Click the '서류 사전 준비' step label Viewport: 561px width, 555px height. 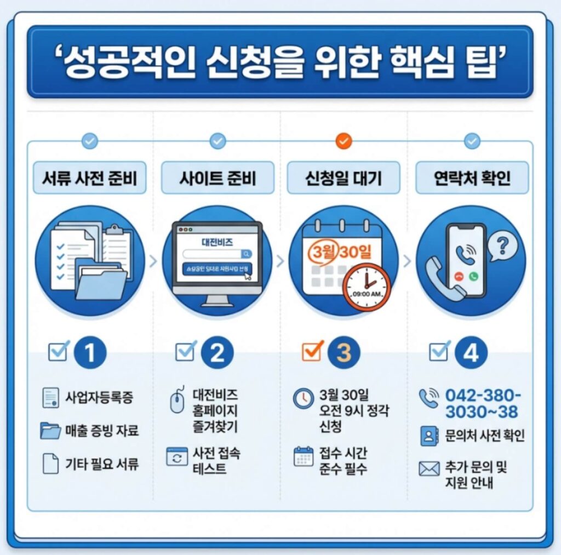[x=90, y=178]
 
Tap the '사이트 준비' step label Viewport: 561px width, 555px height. [x=217, y=178]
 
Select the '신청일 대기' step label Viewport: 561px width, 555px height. [x=344, y=178]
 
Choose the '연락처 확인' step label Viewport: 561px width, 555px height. [x=472, y=178]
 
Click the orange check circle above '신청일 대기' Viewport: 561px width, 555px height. [x=343, y=141]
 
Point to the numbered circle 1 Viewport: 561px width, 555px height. [x=90, y=353]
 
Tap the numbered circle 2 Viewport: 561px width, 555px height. [x=217, y=353]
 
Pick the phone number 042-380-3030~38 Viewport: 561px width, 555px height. [x=482, y=404]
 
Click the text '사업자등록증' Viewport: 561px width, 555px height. [x=99, y=397]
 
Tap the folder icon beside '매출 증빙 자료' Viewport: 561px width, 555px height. [x=50, y=431]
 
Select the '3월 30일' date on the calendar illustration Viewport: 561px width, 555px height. [x=340, y=252]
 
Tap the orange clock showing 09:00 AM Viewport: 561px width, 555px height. [x=367, y=287]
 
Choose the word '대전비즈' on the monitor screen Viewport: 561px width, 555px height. [x=217, y=241]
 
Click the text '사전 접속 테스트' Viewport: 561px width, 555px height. [x=216, y=461]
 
